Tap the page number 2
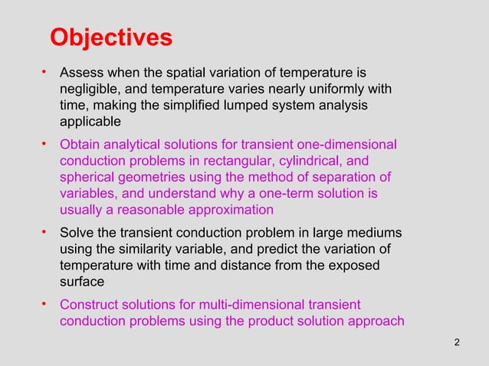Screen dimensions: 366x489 (x=458, y=341)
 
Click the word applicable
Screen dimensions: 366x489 (x=90, y=122)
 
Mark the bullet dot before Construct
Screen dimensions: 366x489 (x=45, y=304)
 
